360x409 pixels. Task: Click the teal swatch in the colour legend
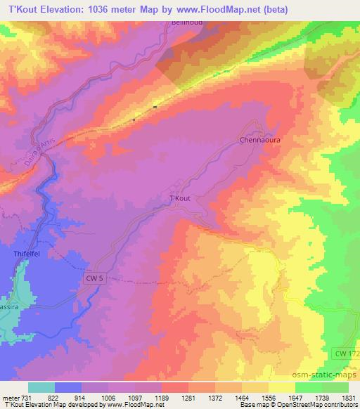point(41,387)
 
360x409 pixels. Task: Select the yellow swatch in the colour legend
point(281,387)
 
